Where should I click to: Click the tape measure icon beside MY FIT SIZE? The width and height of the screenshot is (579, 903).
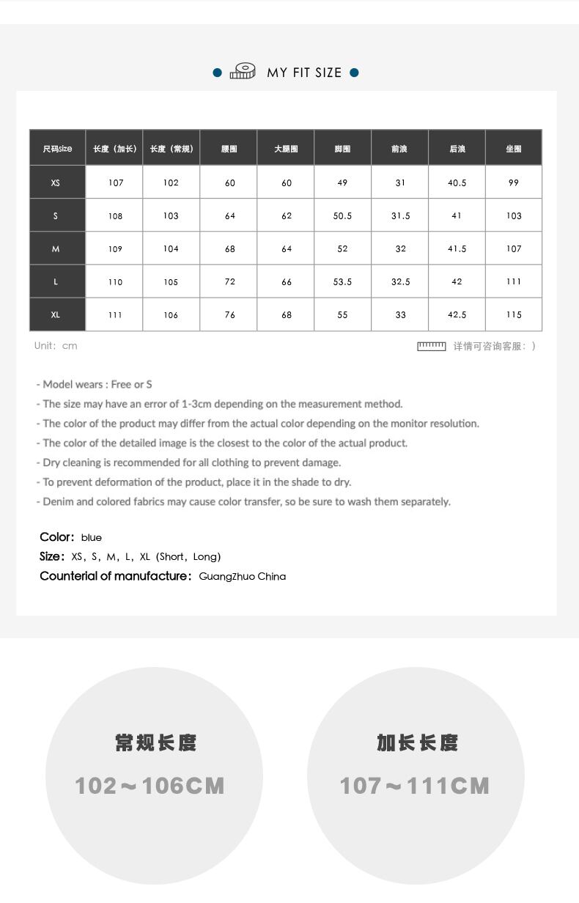[x=243, y=71]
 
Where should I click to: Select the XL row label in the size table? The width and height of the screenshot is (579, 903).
[x=56, y=315]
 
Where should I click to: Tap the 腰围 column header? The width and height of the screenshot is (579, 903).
[x=229, y=149]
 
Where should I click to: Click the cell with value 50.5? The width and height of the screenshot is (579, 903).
[x=342, y=216]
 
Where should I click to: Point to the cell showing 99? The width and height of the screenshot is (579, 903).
[x=514, y=183]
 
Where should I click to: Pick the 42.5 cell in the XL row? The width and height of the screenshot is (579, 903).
[x=457, y=315]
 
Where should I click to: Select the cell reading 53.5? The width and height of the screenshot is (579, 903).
[x=342, y=282]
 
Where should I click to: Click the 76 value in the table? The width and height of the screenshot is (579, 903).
[x=229, y=315]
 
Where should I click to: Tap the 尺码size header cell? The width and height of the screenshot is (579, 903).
[x=57, y=149]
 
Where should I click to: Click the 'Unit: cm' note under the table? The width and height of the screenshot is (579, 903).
[x=56, y=346]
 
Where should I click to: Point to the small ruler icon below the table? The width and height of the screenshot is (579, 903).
[x=431, y=346]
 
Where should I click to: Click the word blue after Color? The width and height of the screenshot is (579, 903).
[x=92, y=538]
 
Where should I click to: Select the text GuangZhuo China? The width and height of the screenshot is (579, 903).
[x=242, y=577]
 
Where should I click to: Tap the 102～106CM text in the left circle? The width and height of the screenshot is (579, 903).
[x=150, y=786]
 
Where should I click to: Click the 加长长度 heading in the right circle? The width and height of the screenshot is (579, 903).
[x=417, y=743]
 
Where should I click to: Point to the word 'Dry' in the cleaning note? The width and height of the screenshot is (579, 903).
[x=51, y=462]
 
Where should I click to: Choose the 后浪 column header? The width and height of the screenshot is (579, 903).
[x=457, y=149]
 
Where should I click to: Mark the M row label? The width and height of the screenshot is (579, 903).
[x=56, y=249]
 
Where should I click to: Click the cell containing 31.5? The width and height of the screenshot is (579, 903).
[x=400, y=216]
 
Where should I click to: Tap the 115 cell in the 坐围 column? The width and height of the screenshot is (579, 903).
[x=514, y=315]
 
